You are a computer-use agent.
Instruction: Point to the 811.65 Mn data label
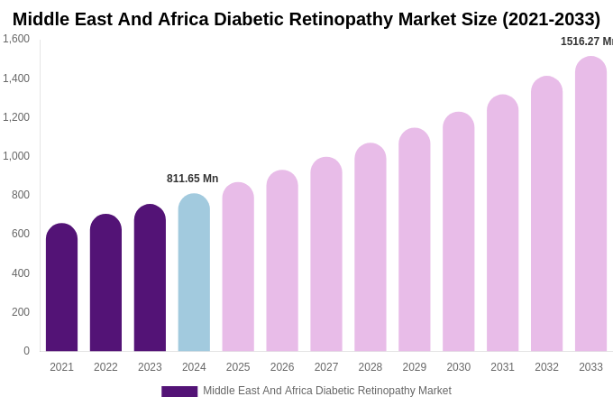(x=192, y=179)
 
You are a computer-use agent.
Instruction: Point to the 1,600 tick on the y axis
(x=16, y=39)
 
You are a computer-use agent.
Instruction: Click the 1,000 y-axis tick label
(x=16, y=156)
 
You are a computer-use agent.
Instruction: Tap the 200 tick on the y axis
(x=20, y=312)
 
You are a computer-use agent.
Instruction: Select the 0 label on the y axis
(x=26, y=351)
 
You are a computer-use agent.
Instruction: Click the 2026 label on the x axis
(x=282, y=367)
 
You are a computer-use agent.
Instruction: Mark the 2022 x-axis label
(x=105, y=367)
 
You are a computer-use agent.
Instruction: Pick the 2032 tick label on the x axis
(x=546, y=367)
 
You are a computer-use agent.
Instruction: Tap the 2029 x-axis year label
(x=415, y=367)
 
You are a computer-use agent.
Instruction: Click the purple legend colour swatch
(x=179, y=392)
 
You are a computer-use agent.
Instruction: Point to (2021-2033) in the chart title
(x=551, y=19)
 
